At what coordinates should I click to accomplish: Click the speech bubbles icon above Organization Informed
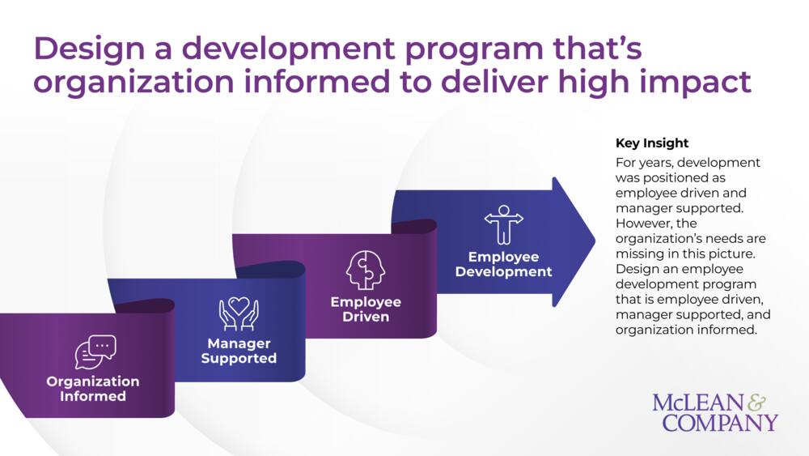(95, 352)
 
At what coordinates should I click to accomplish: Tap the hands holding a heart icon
(239, 313)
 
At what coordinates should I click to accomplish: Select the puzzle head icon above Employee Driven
(366, 270)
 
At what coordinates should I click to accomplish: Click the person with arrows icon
(503, 224)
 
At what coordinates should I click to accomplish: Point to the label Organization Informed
(93, 388)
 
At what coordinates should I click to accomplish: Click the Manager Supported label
(239, 351)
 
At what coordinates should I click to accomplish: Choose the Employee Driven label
(366, 309)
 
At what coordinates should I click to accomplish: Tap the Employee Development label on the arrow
(503, 264)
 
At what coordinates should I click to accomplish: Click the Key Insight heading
(652, 143)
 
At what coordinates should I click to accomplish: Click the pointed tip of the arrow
(595, 240)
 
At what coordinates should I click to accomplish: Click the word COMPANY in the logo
(720, 423)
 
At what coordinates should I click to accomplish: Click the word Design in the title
(89, 49)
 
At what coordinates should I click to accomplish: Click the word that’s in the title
(598, 48)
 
